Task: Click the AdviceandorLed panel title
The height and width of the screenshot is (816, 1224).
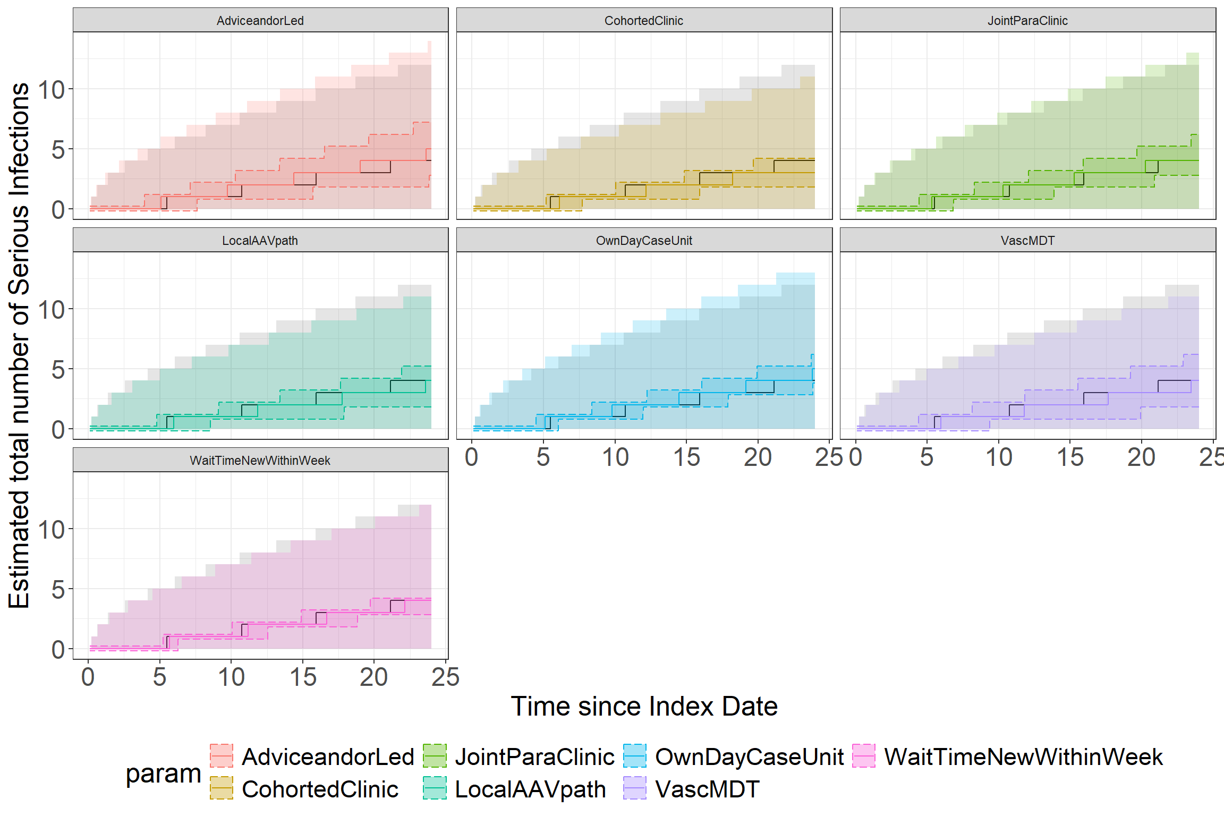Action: (x=260, y=21)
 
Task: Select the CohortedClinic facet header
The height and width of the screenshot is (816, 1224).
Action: (x=644, y=21)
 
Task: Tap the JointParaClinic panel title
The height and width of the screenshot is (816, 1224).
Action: (x=1027, y=21)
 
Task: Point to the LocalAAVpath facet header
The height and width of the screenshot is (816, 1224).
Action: (x=260, y=241)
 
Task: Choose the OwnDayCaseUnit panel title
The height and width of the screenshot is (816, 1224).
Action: (x=644, y=241)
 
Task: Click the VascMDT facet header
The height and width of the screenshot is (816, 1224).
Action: (x=1027, y=241)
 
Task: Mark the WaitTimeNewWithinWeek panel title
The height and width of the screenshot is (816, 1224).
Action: (x=260, y=461)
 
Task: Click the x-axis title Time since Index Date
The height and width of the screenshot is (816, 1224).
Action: (x=644, y=707)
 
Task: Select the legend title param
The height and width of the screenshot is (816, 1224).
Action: (x=163, y=773)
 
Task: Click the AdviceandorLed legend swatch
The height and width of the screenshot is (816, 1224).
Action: (x=222, y=756)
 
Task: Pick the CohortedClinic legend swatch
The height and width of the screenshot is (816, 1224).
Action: (x=222, y=788)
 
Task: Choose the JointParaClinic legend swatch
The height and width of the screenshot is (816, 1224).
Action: (x=435, y=756)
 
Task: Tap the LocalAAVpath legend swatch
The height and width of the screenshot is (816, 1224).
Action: (x=435, y=788)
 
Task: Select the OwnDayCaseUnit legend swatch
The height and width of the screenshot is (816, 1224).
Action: (x=635, y=756)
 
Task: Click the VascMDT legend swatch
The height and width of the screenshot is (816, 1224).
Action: (x=635, y=788)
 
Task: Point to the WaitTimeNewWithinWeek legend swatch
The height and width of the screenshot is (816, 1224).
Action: (x=864, y=756)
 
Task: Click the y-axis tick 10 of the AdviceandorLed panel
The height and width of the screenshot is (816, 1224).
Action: (x=52, y=90)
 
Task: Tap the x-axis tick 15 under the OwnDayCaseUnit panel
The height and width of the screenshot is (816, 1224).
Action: (x=686, y=457)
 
